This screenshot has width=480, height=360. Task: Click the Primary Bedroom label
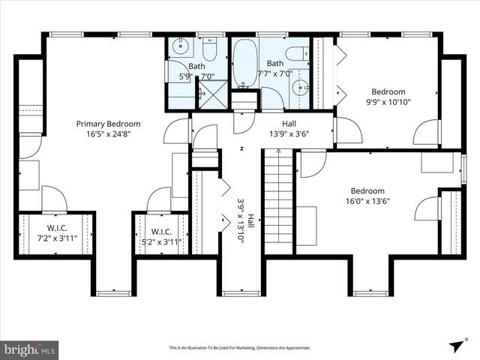[108, 124]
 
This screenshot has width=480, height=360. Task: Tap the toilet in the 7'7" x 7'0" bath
[298, 54]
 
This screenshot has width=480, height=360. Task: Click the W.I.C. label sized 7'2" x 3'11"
[57, 231]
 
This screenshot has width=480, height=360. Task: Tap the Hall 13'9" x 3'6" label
[289, 129]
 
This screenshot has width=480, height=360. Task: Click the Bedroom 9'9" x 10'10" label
[388, 97]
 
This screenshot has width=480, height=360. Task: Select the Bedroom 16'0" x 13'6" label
[367, 196]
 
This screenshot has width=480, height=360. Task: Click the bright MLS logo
[30, 349]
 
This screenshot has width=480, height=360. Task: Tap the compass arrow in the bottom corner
[455, 345]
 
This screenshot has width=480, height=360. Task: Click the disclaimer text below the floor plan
[239, 347]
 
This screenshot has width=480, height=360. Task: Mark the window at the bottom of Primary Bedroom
[114, 292]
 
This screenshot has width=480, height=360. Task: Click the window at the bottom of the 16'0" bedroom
[370, 292]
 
